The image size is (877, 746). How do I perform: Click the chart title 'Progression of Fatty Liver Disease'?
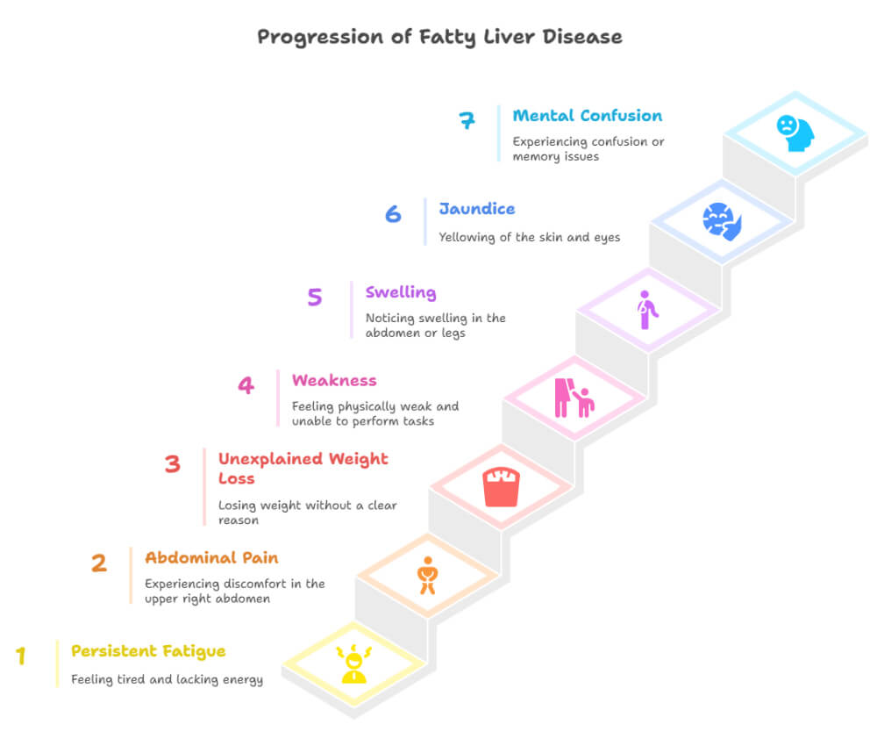point(439,37)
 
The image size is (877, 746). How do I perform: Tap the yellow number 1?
point(21,656)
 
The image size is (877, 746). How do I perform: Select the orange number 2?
point(99,563)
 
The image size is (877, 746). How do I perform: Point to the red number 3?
point(173,463)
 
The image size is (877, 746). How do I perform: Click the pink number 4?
point(246,384)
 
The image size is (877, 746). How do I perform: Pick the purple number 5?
point(315,297)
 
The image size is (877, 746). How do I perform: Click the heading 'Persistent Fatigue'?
point(148,651)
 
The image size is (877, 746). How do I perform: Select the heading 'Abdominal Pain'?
point(211,558)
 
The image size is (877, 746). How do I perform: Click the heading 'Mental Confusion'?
point(588,116)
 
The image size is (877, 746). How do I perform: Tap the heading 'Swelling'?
point(401,292)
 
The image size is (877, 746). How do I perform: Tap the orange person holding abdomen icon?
point(428,575)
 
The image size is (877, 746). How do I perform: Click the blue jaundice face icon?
point(722,220)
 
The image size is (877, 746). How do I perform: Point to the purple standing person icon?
point(647,310)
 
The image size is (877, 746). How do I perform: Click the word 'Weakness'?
point(334,380)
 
